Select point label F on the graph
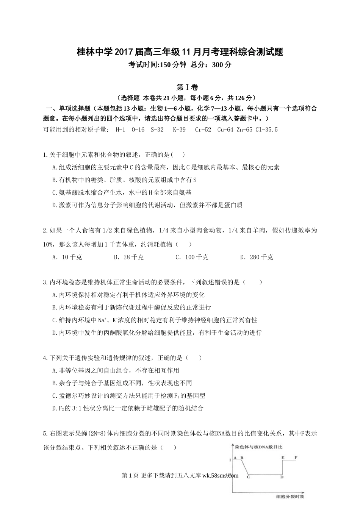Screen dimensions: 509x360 click(296, 458)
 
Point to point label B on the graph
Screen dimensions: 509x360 click(242, 458)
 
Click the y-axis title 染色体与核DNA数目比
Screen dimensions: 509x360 click(258, 447)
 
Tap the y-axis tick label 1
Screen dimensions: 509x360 click(230, 460)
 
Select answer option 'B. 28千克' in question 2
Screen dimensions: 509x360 click(128, 257)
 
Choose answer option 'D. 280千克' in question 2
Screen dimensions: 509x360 click(257, 257)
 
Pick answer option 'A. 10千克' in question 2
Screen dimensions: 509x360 click(67, 257)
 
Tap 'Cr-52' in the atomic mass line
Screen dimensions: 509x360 click(203, 130)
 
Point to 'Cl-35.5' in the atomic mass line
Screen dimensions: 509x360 click(266, 130)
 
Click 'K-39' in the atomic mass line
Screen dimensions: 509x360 click(179, 130)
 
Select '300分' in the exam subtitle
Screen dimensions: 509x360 click(222, 64)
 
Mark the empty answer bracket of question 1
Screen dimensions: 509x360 click(178, 155)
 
